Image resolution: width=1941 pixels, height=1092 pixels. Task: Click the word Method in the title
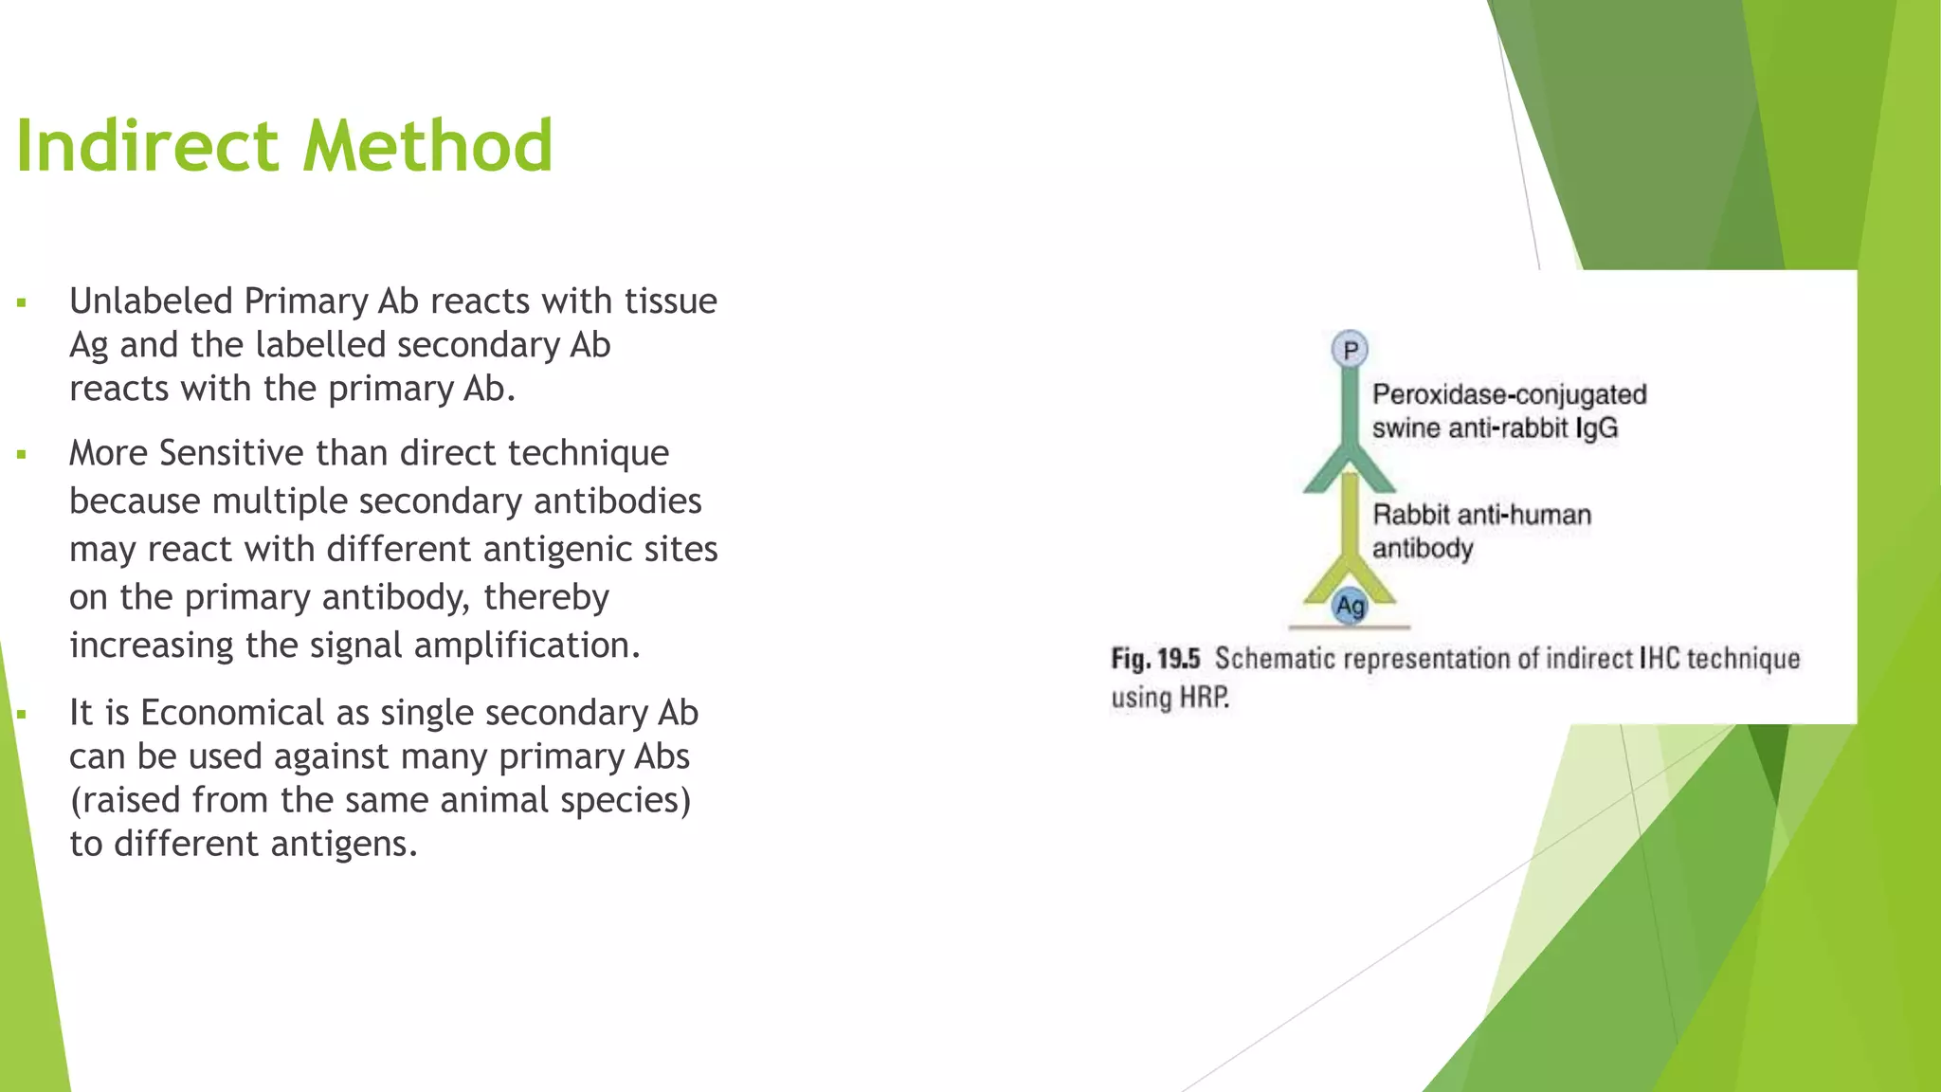click(x=427, y=146)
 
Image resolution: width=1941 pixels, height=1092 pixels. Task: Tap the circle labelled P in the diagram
click(x=1350, y=350)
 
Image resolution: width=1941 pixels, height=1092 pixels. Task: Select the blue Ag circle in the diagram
click(x=1350, y=606)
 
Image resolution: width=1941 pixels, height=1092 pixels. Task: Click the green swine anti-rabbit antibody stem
click(x=1350, y=408)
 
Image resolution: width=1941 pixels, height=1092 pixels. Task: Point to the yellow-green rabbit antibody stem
click(x=1350, y=521)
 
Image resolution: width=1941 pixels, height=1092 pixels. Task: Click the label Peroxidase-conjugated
click(x=1509, y=394)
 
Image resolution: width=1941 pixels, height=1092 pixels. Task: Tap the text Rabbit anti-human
click(x=1481, y=515)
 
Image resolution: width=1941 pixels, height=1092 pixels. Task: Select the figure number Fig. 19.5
click(x=1155, y=659)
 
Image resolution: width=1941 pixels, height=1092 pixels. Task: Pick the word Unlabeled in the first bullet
click(x=151, y=300)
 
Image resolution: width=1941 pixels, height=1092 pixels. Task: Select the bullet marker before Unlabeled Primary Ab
click(x=21, y=304)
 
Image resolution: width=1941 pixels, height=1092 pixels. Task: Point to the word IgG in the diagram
click(x=1596, y=428)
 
